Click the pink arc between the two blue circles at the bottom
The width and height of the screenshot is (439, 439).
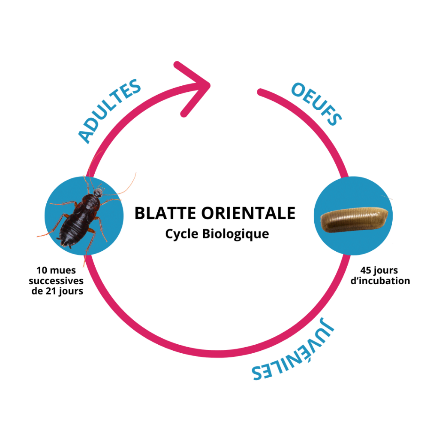[214, 355]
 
